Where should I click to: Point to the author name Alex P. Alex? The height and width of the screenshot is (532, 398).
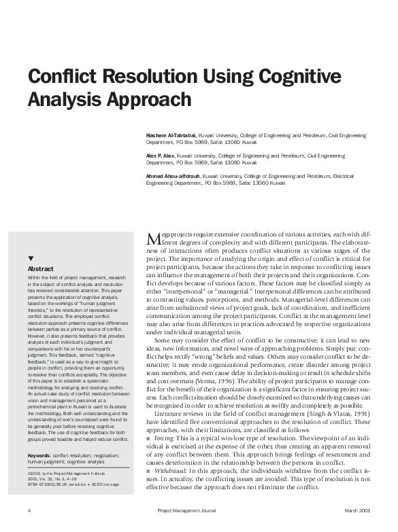coord(161,156)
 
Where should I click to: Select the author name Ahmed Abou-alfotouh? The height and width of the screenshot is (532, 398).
coord(173,176)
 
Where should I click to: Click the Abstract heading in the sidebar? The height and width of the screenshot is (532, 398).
coord(41,268)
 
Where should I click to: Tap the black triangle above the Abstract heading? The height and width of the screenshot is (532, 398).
coord(31,259)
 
